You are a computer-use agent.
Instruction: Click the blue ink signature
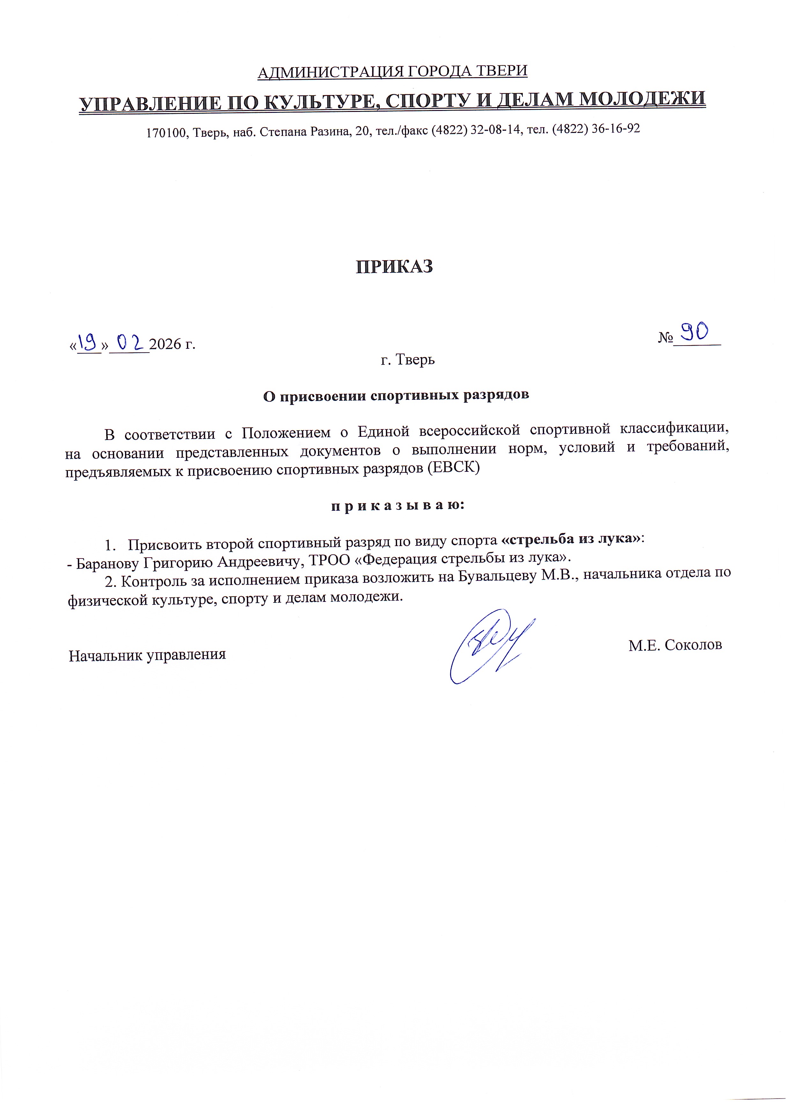coord(490,646)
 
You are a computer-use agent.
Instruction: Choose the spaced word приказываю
coord(398,506)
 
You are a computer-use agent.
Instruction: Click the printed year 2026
coord(165,344)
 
